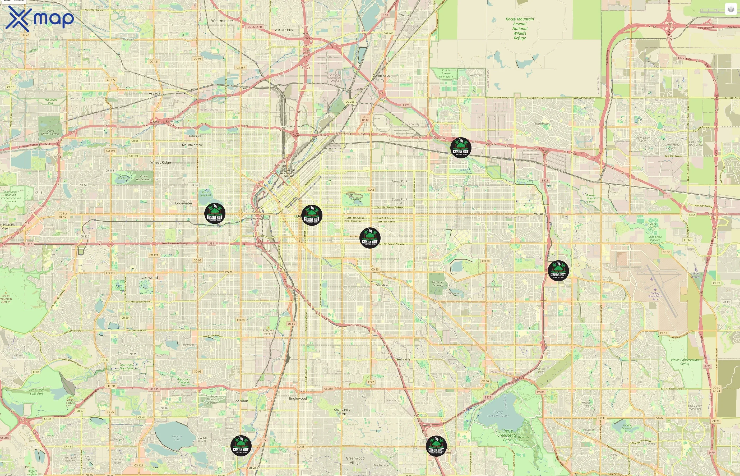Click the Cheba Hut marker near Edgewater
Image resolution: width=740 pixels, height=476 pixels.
[215, 213]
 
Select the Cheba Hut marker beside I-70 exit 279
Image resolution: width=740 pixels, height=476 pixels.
[460, 148]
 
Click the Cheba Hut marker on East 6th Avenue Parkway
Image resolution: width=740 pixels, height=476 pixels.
[370, 238]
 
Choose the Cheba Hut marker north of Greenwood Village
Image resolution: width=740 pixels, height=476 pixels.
[436, 446]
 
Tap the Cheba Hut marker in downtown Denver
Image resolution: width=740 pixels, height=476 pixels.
[312, 216]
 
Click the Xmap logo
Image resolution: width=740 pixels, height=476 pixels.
[40, 19]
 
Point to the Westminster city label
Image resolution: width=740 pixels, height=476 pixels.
[222, 21]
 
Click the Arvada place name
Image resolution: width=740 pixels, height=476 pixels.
[154, 93]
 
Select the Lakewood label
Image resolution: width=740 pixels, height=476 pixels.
[149, 278]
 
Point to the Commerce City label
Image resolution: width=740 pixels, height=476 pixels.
[381, 77]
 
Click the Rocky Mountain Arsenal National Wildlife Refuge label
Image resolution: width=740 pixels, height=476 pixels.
[520, 29]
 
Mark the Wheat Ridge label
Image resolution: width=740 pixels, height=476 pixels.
[160, 162]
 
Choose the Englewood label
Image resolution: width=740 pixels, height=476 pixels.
[298, 399]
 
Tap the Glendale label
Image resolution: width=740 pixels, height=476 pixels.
[382, 285]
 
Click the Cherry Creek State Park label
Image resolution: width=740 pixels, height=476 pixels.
[507, 435]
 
